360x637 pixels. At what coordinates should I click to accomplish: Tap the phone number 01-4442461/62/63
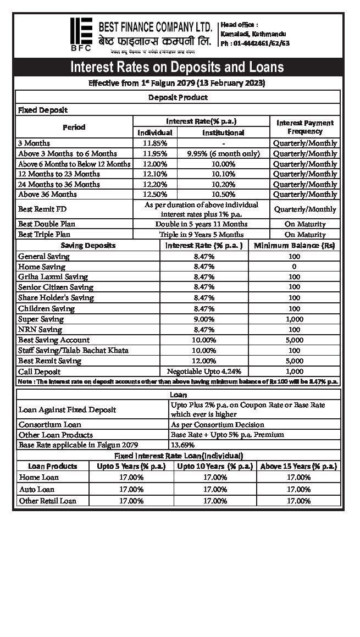255,43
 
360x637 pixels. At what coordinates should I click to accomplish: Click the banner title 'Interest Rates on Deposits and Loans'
177,67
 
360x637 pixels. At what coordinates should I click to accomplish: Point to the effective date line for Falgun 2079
177,84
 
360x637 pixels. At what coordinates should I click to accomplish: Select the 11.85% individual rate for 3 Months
154,143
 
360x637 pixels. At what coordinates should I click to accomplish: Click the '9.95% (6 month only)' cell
223,153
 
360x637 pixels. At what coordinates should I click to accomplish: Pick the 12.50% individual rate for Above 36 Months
154,194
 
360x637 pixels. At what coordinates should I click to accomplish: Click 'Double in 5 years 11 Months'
202,224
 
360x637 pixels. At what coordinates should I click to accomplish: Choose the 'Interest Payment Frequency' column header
304,127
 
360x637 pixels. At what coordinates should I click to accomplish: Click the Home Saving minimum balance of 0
294,267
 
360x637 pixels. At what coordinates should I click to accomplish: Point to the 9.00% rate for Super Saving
204,319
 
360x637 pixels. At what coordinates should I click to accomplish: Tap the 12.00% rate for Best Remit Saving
204,361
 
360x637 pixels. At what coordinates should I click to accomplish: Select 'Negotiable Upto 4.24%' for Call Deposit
204,371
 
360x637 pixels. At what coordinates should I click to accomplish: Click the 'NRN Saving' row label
40,329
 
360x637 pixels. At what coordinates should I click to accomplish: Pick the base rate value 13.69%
182,445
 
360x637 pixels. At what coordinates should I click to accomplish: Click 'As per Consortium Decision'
218,424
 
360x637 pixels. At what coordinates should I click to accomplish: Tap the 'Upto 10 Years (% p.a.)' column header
215,466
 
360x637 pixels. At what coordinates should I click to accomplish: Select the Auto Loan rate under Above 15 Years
298,489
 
